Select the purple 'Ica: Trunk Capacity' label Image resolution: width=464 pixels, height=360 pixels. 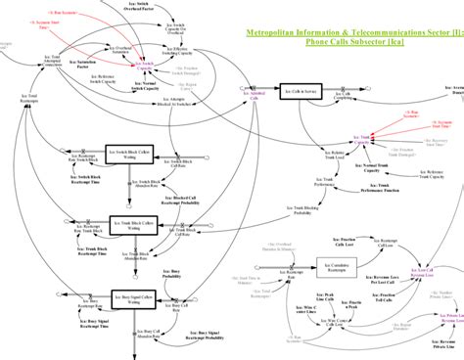(361, 141)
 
